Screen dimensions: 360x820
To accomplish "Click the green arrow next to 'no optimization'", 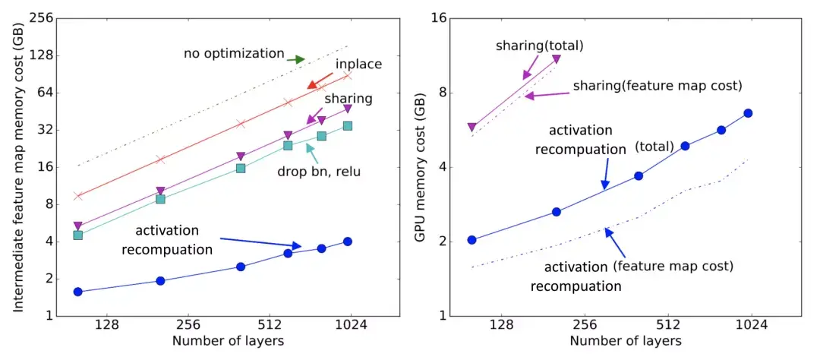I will [x=295, y=58].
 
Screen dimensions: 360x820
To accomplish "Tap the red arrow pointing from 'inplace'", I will [x=320, y=81].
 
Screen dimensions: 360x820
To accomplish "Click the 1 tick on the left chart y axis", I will [x=40, y=315].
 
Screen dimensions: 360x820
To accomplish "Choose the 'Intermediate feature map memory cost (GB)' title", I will [x=17, y=166].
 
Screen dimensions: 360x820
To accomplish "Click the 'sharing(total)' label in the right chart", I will [x=539, y=46].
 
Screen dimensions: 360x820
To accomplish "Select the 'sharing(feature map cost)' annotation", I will [x=657, y=86].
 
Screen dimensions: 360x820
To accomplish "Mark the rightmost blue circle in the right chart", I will [x=748, y=113].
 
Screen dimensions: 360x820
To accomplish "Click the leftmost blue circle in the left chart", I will [x=77, y=292].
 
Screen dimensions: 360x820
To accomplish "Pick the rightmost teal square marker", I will [x=348, y=125].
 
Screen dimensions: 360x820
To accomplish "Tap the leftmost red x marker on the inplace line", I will [x=77, y=196].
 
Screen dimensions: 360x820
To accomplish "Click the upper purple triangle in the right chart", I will [x=557, y=58].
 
